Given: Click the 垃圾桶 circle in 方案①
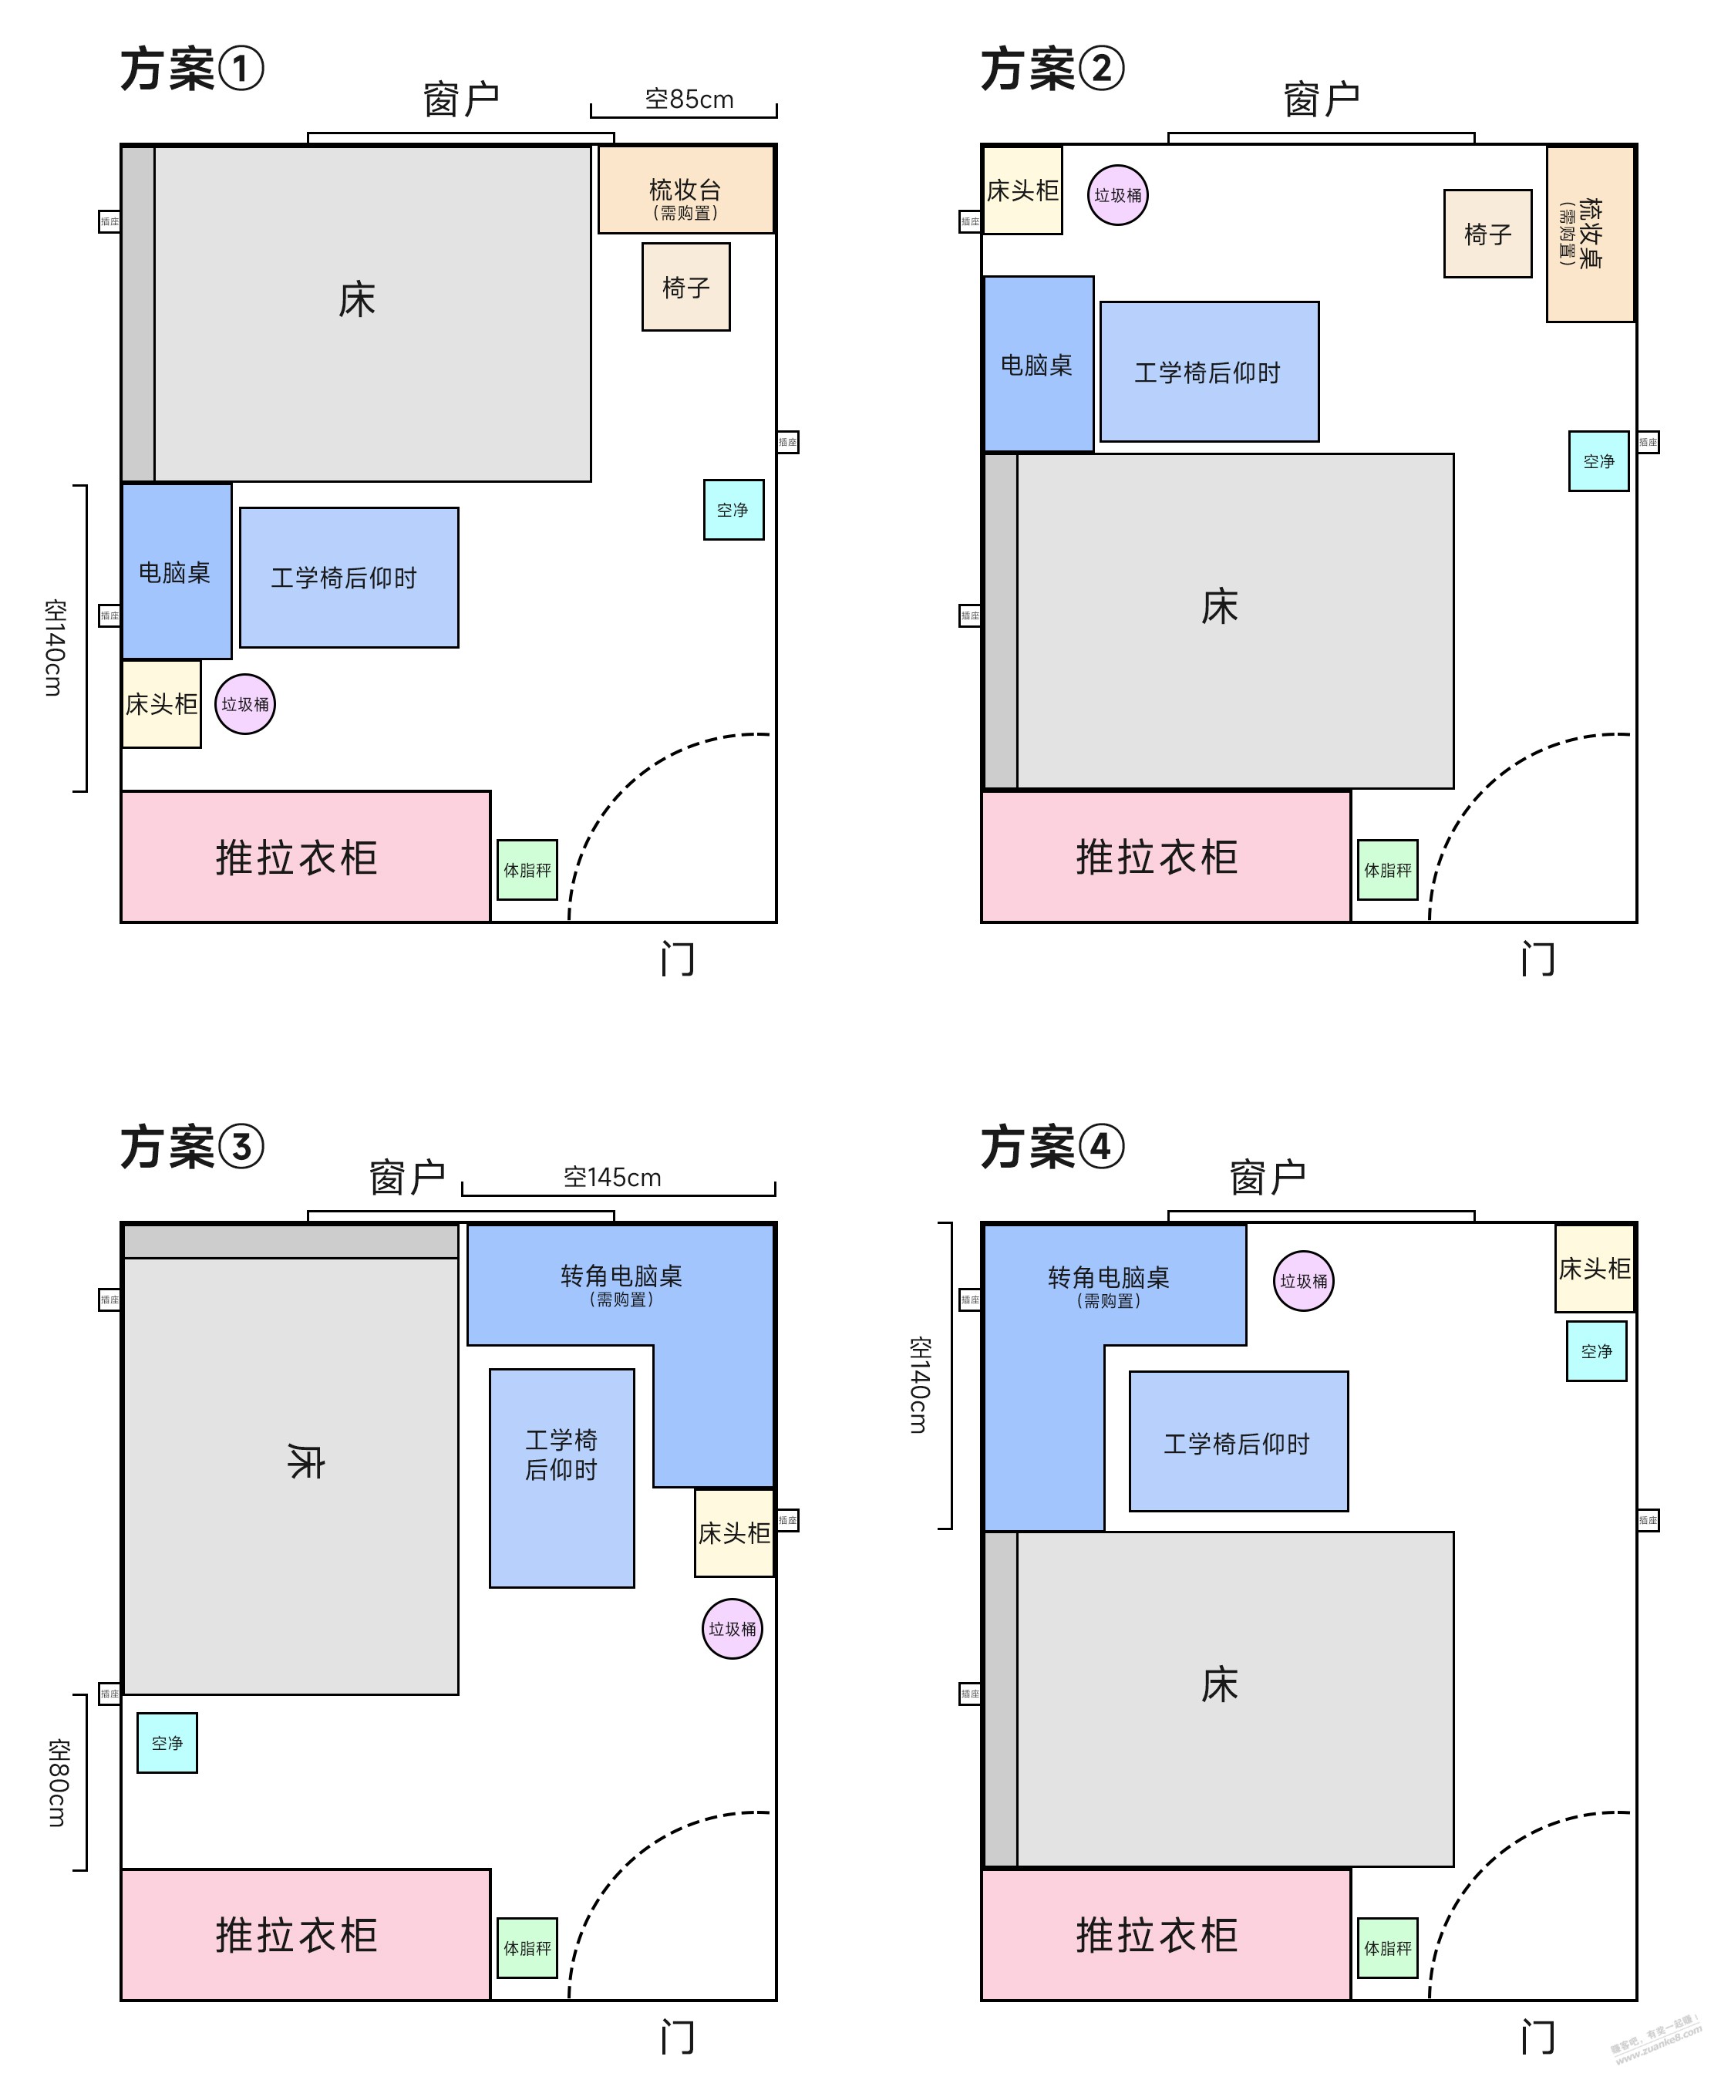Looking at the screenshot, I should [x=244, y=704].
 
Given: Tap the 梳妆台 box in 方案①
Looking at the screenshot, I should [x=685, y=190].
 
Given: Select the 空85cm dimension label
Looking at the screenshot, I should [x=689, y=99].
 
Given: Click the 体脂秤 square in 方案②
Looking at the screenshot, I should [x=1386, y=870].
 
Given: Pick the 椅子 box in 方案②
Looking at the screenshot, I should [x=1487, y=234].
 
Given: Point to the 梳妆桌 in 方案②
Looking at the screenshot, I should [x=1589, y=234].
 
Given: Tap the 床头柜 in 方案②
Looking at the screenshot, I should [x=1022, y=190].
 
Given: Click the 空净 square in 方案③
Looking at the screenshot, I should [x=167, y=1742].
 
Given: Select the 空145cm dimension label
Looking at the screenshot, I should [x=612, y=1177].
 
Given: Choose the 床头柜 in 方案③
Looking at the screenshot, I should [x=734, y=1532].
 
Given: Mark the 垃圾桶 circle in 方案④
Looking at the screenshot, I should [x=1303, y=1281].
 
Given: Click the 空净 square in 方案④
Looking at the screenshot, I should [x=1595, y=1351].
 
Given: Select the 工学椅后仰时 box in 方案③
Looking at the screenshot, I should [x=561, y=1478].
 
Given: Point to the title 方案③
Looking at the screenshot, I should [x=192, y=1147].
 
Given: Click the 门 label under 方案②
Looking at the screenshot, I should [x=1537, y=959].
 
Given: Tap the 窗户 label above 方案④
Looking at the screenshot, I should [x=1268, y=1178].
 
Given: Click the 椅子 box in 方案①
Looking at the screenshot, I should [x=685, y=287].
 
